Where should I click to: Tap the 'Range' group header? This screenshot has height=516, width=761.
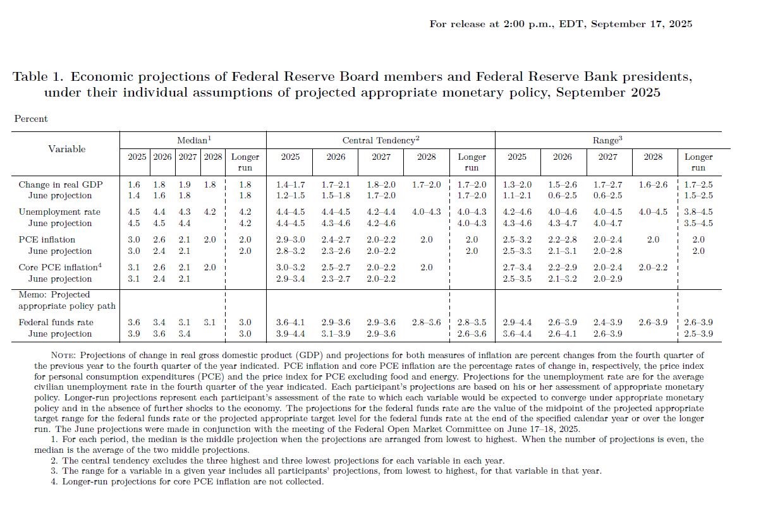click(x=607, y=140)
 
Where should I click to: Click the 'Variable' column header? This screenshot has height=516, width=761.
click(x=66, y=148)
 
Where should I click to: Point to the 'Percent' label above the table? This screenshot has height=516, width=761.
click(x=31, y=119)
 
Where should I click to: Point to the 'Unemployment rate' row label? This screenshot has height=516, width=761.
click(x=59, y=212)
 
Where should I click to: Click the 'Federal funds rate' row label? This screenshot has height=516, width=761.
click(x=56, y=322)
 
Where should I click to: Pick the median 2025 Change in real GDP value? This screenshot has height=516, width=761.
click(x=134, y=184)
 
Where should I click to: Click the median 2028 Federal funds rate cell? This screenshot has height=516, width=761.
click(x=210, y=322)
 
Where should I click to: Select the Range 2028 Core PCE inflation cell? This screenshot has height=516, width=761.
click(x=653, y=267)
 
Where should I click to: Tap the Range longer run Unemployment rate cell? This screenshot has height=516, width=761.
click(x=698, y=212)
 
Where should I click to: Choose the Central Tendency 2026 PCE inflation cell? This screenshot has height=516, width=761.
click(x=336, y=239)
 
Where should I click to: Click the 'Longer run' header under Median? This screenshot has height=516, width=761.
click(x=245, y=162)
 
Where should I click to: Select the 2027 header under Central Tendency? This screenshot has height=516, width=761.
click(x=381, y=157)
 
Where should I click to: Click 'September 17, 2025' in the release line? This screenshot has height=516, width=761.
click(x=642, y=24)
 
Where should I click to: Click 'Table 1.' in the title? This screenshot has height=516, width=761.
click(x=38, y=76)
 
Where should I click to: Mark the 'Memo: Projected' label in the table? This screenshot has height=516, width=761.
click(x=54, y=295)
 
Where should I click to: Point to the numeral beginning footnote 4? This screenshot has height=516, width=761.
click(x=54, y=481)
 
